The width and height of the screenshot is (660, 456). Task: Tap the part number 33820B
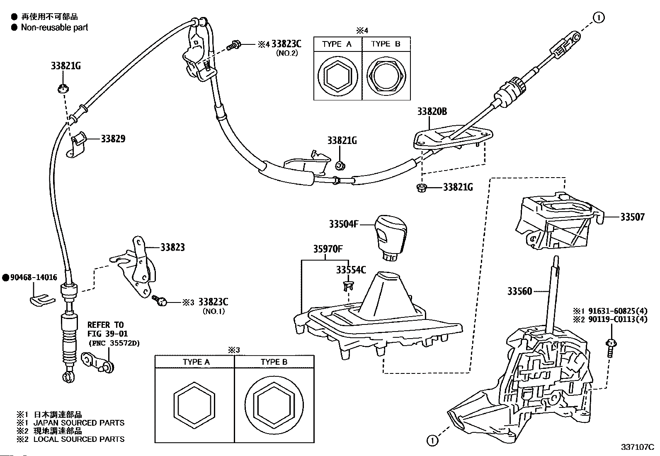click(432, 112)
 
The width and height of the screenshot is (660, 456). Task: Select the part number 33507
click(632, 217)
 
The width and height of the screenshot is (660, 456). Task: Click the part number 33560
click(519, 291)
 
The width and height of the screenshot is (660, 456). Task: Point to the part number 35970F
click(328, 249)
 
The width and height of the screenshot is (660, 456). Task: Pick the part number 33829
click(113, 139)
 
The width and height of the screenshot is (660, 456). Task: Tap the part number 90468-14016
click(31, 278)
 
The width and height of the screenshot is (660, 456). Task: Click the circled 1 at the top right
click(599, 17)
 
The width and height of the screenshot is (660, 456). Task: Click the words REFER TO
click(105, 325)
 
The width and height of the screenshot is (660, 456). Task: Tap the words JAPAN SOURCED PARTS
click(79, 423)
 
